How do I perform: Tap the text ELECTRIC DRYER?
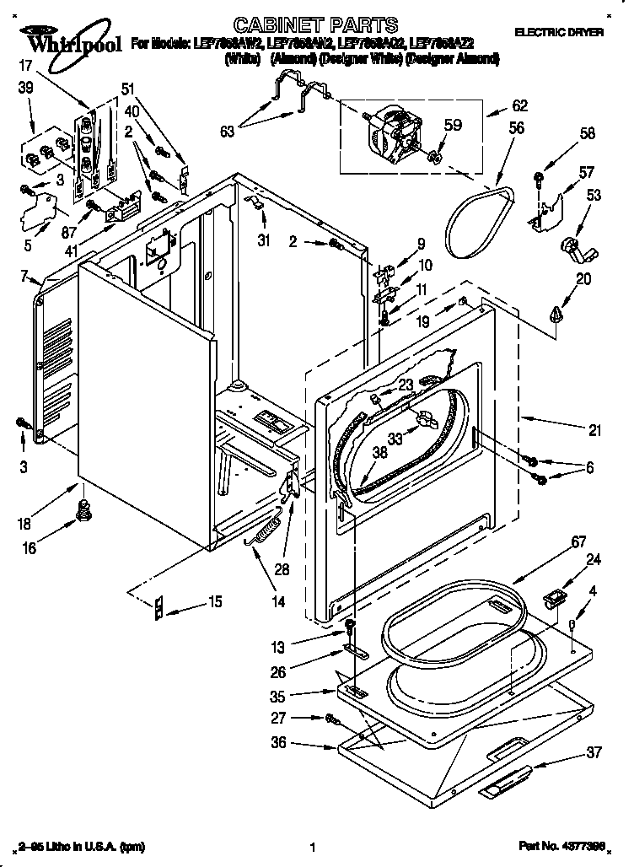coord(559,31)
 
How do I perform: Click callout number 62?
coord(520,106)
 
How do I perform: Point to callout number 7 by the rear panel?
coord(24,276)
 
